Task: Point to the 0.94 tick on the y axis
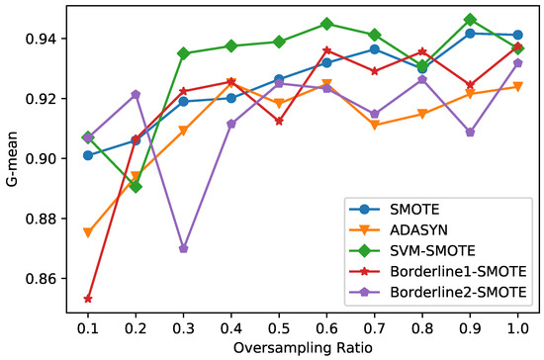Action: (52, 39)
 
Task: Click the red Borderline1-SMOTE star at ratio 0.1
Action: (88, 299)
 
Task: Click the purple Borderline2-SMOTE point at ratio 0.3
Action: (184, 248)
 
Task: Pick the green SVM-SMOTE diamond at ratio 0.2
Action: (136, 186)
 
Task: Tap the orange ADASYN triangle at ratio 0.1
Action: (88, 232)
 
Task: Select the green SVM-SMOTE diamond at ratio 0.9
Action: (470, 20)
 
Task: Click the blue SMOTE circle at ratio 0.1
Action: (88, 155)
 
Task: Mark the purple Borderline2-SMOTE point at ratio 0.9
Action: (470, 132)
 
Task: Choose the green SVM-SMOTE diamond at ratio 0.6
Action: (326, 24)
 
